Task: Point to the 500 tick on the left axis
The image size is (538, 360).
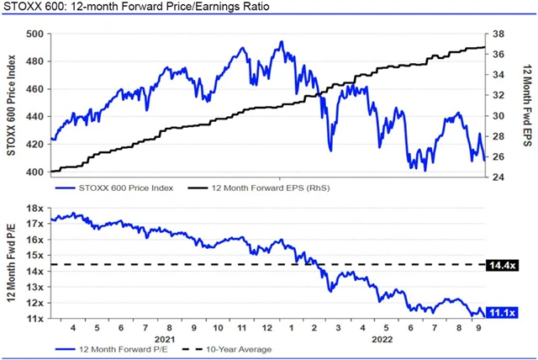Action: coord(35,34)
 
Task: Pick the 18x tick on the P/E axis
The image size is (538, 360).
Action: coord(35,207)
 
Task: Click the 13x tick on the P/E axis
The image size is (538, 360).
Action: coord(35,287)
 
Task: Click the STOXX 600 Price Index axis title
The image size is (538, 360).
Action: coord(13,103)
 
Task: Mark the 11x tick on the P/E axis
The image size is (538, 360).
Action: coord(35,319)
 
